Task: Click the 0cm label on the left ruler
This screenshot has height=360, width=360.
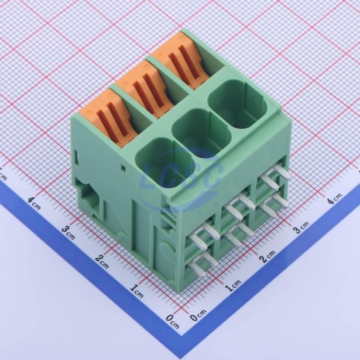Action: click(172, 321)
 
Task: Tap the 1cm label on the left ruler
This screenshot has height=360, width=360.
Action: click(137, 291)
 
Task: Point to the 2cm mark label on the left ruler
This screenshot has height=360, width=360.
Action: click(101, 261)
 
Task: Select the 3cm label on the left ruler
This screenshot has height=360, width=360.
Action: click(68, 232)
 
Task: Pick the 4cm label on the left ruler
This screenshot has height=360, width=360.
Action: click(34, 203)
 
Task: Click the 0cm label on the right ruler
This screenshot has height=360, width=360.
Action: click(198, 315)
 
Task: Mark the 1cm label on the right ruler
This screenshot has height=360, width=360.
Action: click(233, 285)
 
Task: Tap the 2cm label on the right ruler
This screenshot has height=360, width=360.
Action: click(267, 256)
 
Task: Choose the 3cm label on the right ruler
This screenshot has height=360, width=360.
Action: click(301, 227)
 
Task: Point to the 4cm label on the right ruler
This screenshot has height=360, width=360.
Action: click(334, 198)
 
